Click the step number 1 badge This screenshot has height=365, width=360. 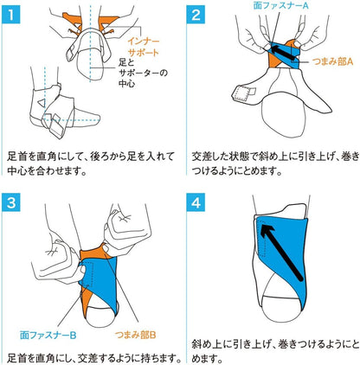point(11,15)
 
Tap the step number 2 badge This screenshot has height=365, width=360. point(196,15)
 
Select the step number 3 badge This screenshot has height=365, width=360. point(11,202)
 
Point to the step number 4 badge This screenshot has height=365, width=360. point(196,202)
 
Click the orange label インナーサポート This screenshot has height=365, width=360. point(144,47)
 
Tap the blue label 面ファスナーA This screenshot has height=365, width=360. point(280,5)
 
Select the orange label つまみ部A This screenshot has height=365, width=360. point(332,61)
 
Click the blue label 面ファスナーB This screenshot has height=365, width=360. point(48,335)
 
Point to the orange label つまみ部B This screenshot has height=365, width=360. point(135,335)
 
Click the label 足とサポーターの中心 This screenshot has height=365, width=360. point(143,73)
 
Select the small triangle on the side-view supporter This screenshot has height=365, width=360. point(42,103)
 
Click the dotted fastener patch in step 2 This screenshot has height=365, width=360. point(241,94)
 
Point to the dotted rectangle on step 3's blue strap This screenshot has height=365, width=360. point(87,275)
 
